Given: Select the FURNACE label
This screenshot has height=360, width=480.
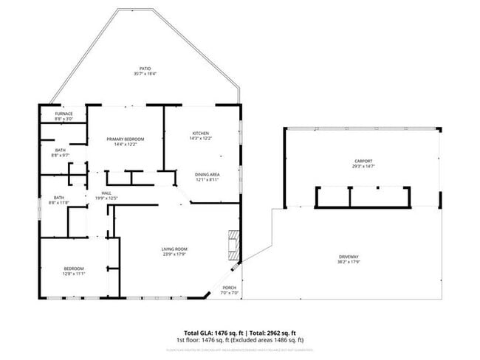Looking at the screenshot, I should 64,114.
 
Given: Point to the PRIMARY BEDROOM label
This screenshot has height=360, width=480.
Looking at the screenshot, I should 125,139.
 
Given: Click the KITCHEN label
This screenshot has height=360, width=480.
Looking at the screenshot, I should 201,133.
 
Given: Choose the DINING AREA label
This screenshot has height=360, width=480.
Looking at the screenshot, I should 208,174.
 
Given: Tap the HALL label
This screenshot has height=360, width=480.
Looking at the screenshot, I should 106,193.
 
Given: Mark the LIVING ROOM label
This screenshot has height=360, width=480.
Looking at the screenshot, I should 174,249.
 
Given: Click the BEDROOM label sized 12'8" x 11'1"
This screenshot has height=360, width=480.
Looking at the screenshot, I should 73,268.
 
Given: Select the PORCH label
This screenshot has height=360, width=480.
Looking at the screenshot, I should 230,288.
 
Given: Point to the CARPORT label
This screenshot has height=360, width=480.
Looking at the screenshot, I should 363,161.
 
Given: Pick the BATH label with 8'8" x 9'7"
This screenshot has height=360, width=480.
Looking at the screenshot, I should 60,150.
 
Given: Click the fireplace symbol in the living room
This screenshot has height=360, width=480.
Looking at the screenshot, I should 234,244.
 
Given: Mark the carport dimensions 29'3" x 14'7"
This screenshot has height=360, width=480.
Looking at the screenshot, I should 363,167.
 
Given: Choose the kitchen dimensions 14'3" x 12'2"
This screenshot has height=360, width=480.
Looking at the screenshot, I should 201,139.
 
